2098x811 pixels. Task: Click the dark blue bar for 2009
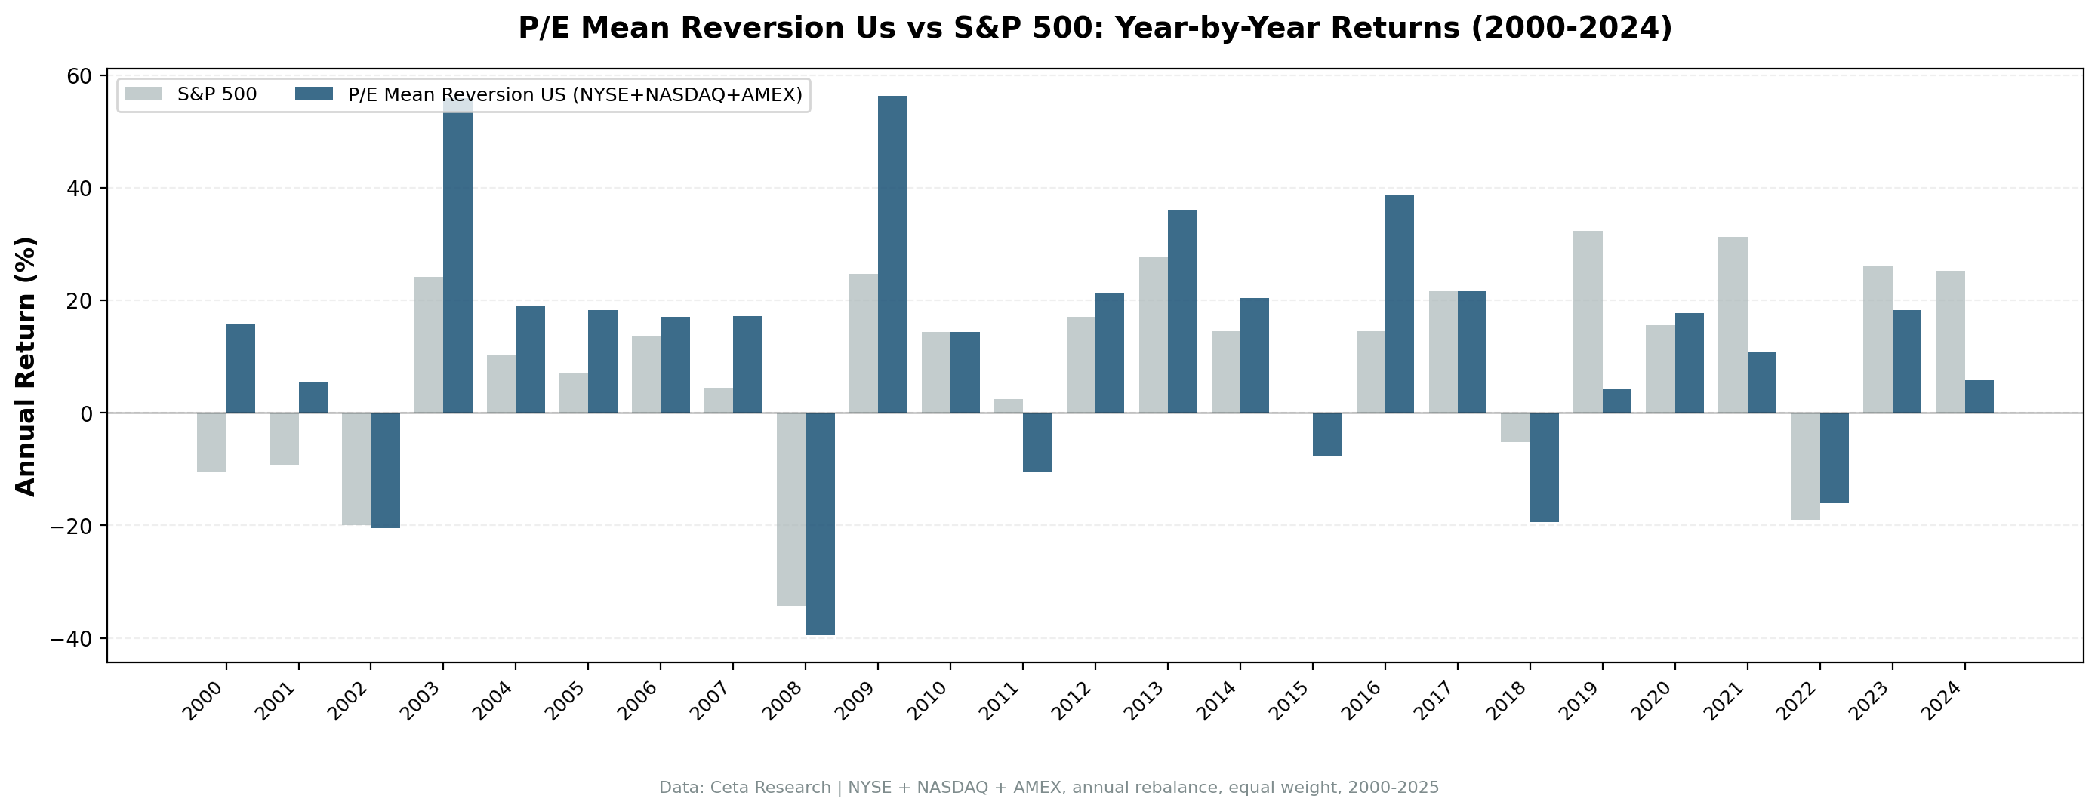pyautogui.click(x=892, y=254)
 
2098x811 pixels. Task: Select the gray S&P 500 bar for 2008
pyautogui.click(x=791, y=509)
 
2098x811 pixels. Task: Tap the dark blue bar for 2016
pyautogui.click(x=1399, y=304)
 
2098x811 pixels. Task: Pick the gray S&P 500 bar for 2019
pyautogui.click(x=1588, y=321)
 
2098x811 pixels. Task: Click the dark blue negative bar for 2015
pyautogui.click(x=1326, y=434)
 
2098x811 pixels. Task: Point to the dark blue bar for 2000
pyautogui.click(x=240, y=368)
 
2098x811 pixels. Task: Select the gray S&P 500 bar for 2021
pyautogui.click(x=1733, y=325)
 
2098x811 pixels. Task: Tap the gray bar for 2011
pyautogui.click(x=1009, y=406)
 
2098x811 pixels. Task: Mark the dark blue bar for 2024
pyautogui.click(x=1979, y=397)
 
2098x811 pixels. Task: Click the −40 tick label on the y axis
pyautogui.click(x=72, y=638)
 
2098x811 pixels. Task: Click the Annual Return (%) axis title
pyautogui.click(x=26, y=366)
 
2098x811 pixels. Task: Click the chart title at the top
pyautogui.click(x=1095, y=29)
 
